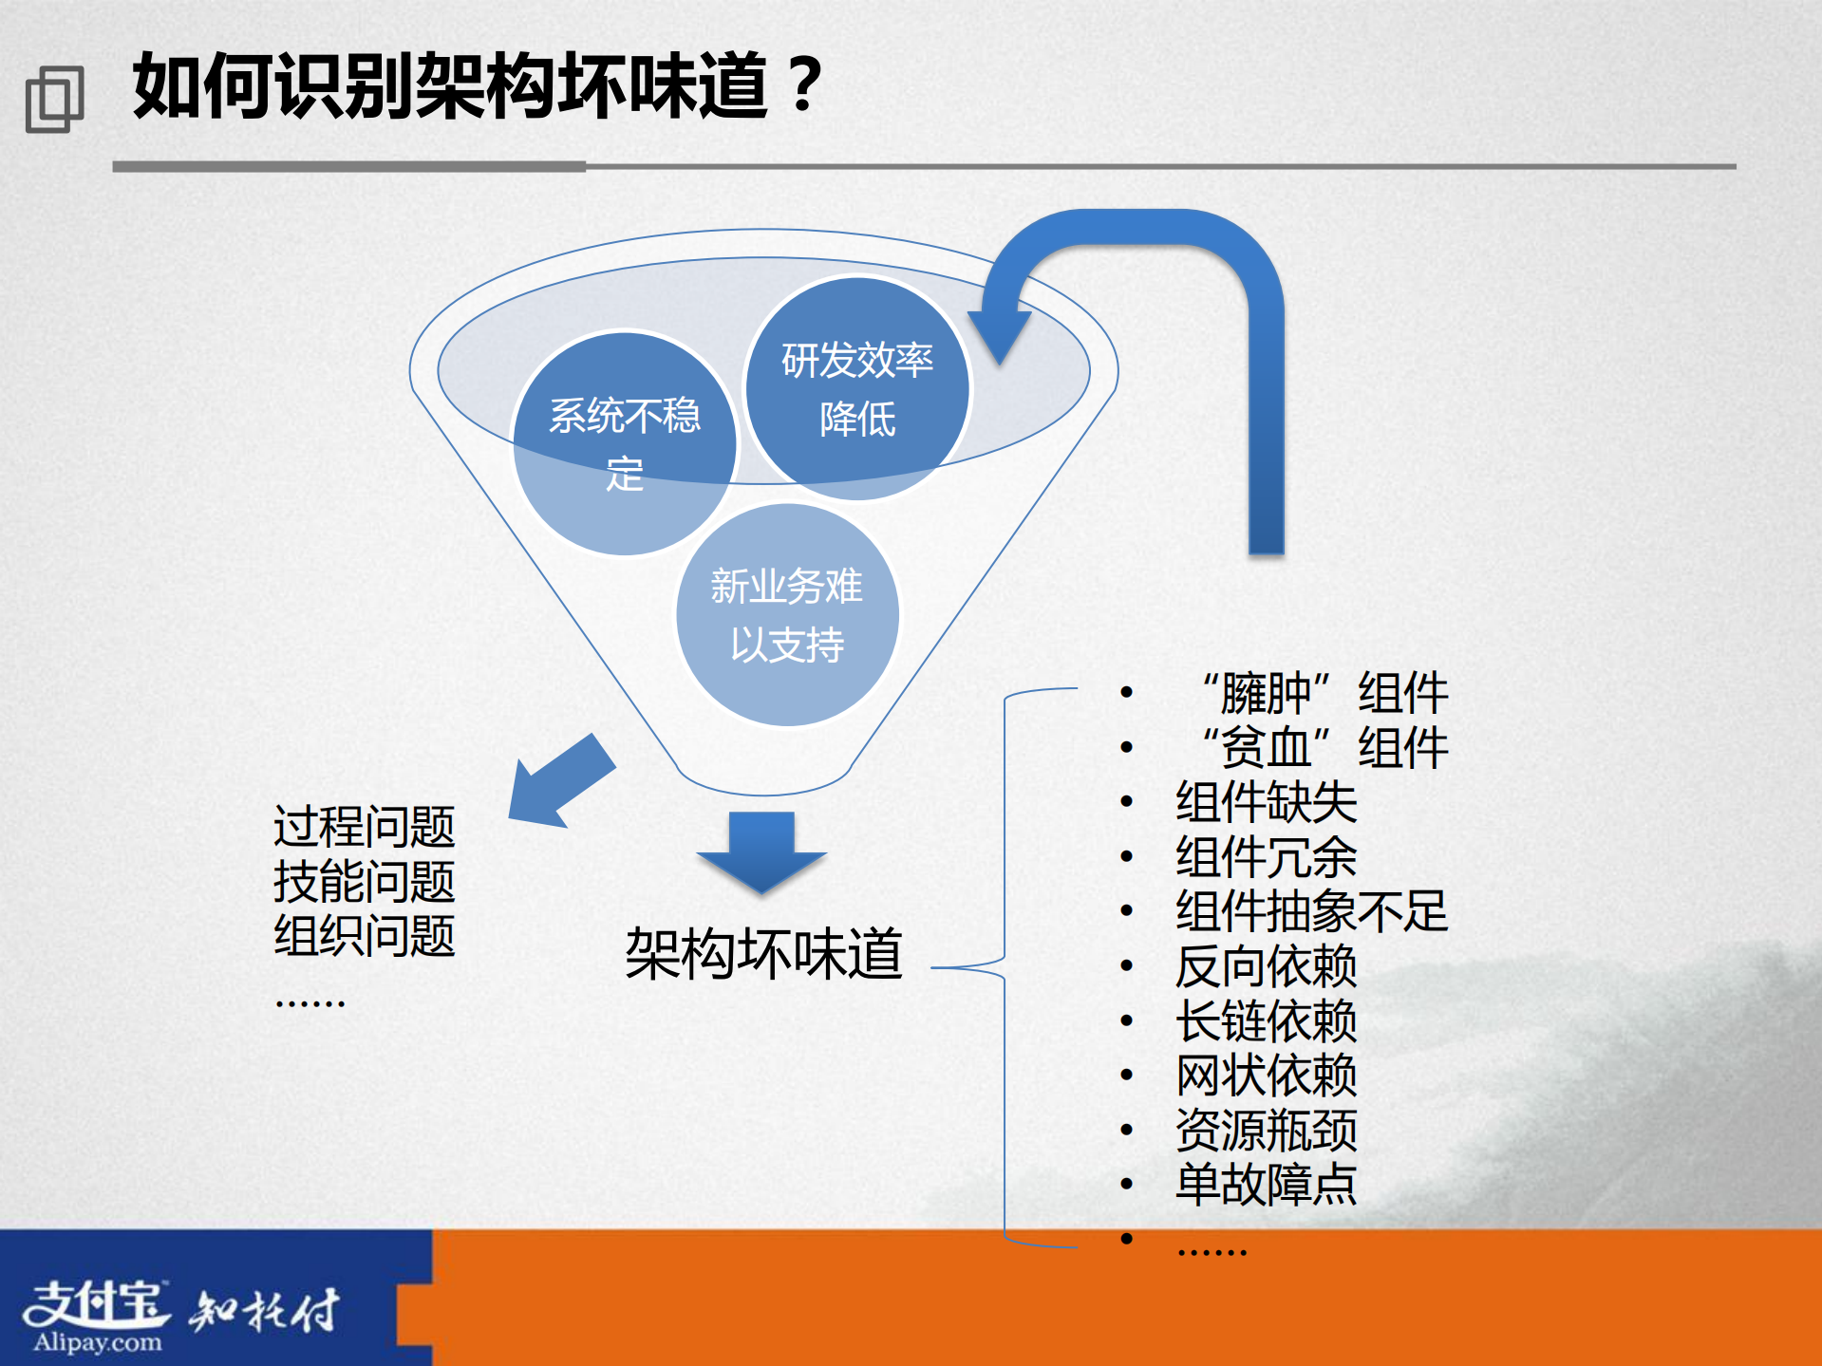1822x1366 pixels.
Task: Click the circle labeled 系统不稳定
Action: [625, 443]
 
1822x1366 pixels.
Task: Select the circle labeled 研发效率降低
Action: [857, 388]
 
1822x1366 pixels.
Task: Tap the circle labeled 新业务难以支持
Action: [787, 615]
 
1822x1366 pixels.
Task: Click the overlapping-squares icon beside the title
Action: [54, 99]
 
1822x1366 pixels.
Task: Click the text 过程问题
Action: [365, 826]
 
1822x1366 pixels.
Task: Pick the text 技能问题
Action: [365, 881]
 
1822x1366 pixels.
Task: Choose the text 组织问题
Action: [365, 935]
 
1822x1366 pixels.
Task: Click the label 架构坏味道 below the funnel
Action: [763, 953]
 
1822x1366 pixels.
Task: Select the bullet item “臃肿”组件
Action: [1324, 692]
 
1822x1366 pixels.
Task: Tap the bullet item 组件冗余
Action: [1266, 856]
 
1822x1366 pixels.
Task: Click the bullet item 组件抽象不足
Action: [1311, 911]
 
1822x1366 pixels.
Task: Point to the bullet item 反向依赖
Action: [1266, 966]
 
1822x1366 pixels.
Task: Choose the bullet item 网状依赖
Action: [1266, 1076]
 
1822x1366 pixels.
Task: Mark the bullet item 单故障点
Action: [1266, 1185]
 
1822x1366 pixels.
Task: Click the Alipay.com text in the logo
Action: [98, 1342]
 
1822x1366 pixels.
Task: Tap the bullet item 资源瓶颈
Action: [1266, 1130]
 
